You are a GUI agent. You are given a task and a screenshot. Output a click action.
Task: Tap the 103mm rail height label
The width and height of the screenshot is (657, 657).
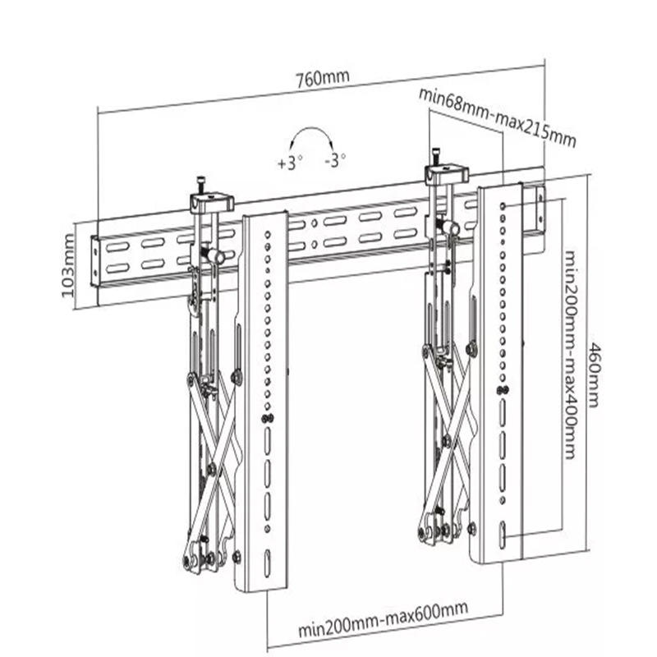click(x=68, y=264)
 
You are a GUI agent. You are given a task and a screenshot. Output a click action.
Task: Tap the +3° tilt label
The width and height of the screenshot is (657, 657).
click(x=290, y=163)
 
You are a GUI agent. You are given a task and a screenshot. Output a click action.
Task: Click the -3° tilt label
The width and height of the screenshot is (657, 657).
click(x=335, y=161)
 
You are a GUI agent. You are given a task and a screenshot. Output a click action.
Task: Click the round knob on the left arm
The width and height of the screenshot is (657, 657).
click(x=218, y=257)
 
